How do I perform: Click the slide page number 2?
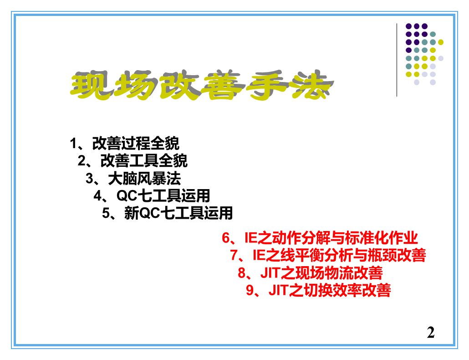(431, 333)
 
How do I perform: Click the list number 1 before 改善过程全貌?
(73, 144)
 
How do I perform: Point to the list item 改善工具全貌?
(144, 161)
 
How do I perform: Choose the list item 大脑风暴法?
(144, 179)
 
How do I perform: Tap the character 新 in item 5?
(132, 213)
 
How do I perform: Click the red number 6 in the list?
(226, 238)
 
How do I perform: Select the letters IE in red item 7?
(259, 255)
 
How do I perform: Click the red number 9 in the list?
(250, 290)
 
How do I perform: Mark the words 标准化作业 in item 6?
(381, 238)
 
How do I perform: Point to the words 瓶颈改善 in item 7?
(396, 255)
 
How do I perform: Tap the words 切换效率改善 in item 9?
(347, 290)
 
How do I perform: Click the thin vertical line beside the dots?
(397, 60)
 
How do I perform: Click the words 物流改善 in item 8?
(353, 273)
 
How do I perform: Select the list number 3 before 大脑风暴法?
(89, 179)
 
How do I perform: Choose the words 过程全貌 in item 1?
(150, 144)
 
